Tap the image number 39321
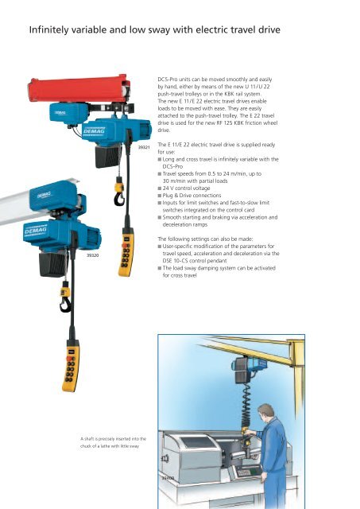[143, 148]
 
